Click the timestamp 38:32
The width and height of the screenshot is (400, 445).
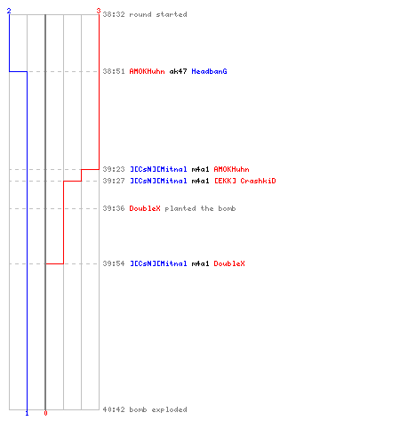tap(114, 14)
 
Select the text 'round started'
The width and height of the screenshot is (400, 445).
tap(158, 14)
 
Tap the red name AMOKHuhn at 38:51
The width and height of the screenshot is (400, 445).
tap(147, 71)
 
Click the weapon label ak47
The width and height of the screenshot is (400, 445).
tap(178, 71)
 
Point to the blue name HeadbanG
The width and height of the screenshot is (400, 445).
tap(209, 71)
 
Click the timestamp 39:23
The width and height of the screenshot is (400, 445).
tap(114, 169)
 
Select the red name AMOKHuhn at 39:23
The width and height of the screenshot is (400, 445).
tap(231, 169)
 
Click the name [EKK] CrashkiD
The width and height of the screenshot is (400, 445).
tap(245, 181)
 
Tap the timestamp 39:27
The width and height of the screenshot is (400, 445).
tap(114, 181)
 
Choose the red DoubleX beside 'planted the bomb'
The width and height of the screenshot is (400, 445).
tap(145, 208)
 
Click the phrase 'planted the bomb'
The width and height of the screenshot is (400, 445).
tap(200, 208)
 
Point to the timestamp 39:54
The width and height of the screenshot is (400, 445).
tap(114, 263)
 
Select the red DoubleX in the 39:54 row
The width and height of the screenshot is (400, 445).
tap(229, 263)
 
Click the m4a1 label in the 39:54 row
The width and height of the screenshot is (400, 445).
tap(200, 263)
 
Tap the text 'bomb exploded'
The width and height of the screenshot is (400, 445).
tap(158, 409)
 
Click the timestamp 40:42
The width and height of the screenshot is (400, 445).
tap(114, 409)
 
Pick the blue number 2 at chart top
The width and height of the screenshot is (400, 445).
tap(9, 11)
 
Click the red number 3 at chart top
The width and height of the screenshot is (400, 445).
tap(99, 11)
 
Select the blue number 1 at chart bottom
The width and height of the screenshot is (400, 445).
tap(27, 413)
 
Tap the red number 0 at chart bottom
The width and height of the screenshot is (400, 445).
tap(45, 413)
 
